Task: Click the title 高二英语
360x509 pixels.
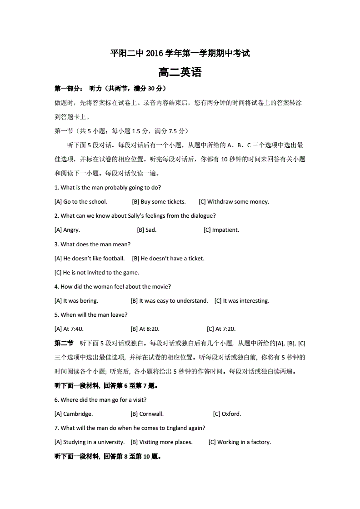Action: point(180,73)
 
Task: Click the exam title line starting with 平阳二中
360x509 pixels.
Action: point(180,54)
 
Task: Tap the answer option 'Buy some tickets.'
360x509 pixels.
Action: point(159,202)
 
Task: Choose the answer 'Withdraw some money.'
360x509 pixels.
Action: point(234,202)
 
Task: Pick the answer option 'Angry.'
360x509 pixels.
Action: point(67,230)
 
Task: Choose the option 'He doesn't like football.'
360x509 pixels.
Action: point(90,259)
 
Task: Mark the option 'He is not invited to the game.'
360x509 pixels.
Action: point(97,273)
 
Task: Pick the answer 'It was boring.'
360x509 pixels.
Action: point(76,301)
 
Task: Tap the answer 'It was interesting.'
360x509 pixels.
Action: point(242,301)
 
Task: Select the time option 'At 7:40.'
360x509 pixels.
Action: point(69,329)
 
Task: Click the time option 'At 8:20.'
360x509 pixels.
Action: point(145,329)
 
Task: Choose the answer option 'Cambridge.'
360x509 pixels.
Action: point(74,414)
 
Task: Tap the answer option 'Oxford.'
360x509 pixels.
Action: point(227,414)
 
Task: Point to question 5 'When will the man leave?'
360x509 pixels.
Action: point(91,315)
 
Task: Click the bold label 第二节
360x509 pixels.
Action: point(64,343)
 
